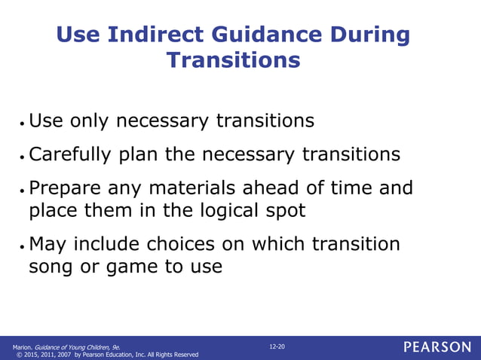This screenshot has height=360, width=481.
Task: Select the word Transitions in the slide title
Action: point(233,59)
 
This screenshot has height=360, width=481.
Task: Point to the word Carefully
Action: point(70,155)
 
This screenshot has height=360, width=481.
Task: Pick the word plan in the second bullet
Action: point(139,155)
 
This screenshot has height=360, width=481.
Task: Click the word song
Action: point(53,267)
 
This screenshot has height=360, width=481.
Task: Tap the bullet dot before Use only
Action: point(23,122)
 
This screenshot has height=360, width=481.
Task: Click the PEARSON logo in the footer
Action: point(437,347)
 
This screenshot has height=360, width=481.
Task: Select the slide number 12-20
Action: point(277,346)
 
